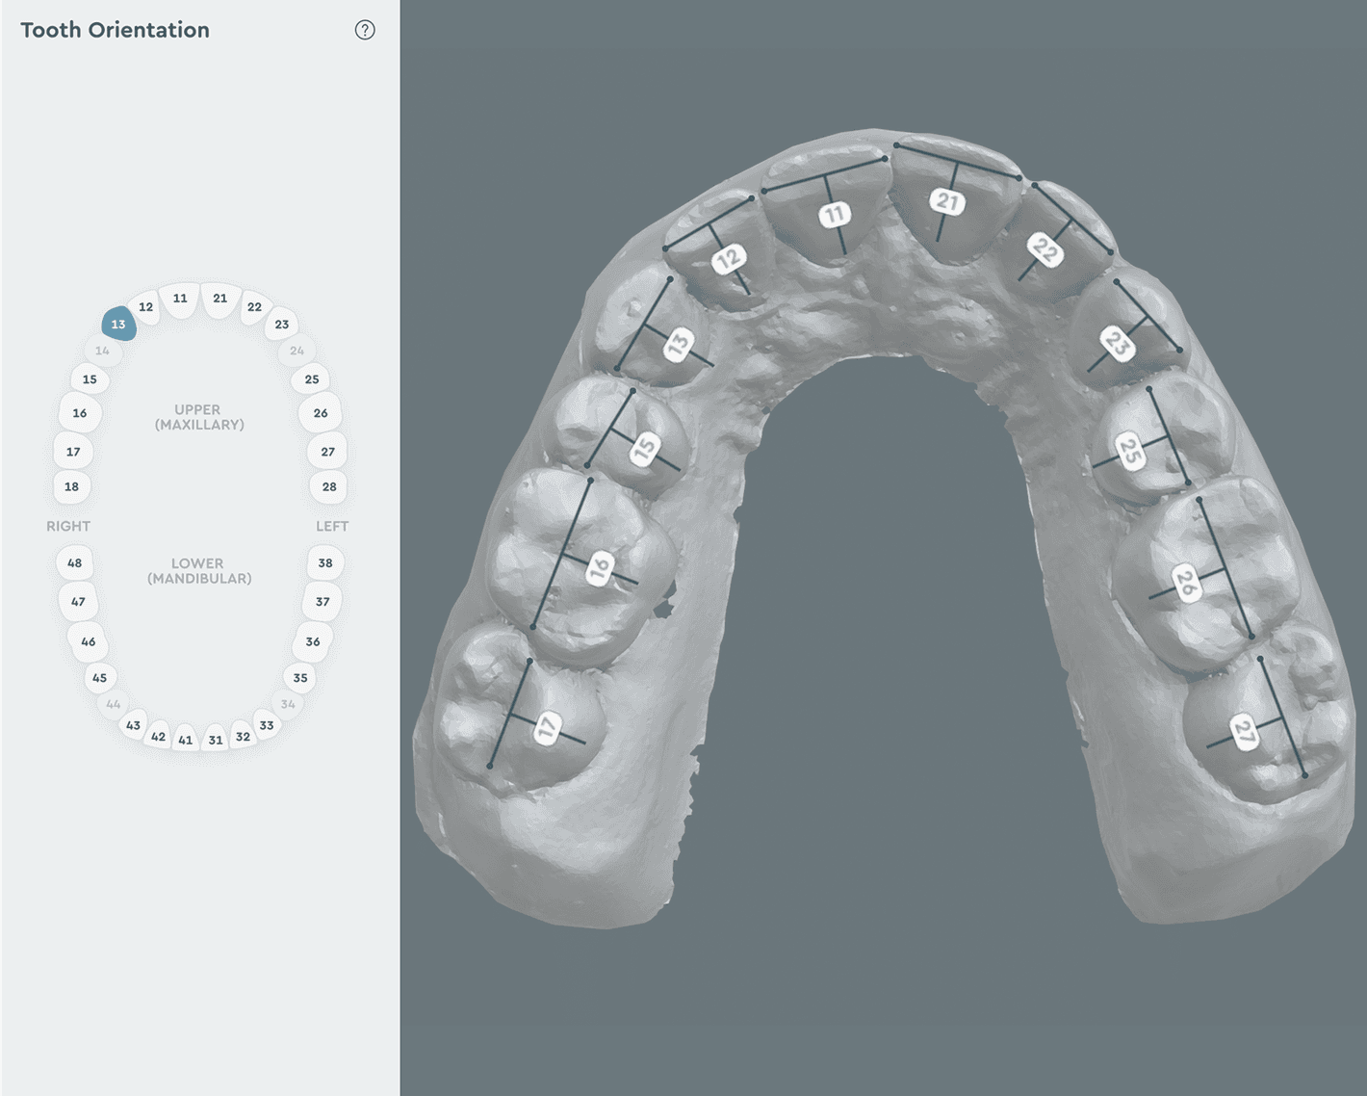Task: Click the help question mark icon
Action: [365, 30]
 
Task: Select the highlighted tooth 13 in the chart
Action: [118, 324]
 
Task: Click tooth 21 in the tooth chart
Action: [220, 299]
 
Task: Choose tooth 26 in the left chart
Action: [320, 413]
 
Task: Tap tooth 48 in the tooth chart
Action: [74, 562]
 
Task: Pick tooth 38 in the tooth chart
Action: [325, 562]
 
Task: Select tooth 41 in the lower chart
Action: [186, 740]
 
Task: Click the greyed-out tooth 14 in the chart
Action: [102, 351]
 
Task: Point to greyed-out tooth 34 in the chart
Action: [288, 704]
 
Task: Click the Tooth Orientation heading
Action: [115, 30]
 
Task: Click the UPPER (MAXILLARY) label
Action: [198, 417]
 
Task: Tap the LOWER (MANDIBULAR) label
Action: [198, 571]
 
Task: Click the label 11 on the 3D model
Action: [834, 214]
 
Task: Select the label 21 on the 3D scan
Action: [947, 201]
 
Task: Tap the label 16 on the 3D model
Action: [600, 568]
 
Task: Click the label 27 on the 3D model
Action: [1244, 733]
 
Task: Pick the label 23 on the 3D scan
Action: [1116, 342]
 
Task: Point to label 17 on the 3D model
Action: [548, 728]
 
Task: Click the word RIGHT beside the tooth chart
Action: [68, 526]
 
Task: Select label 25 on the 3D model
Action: [1129, 451]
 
